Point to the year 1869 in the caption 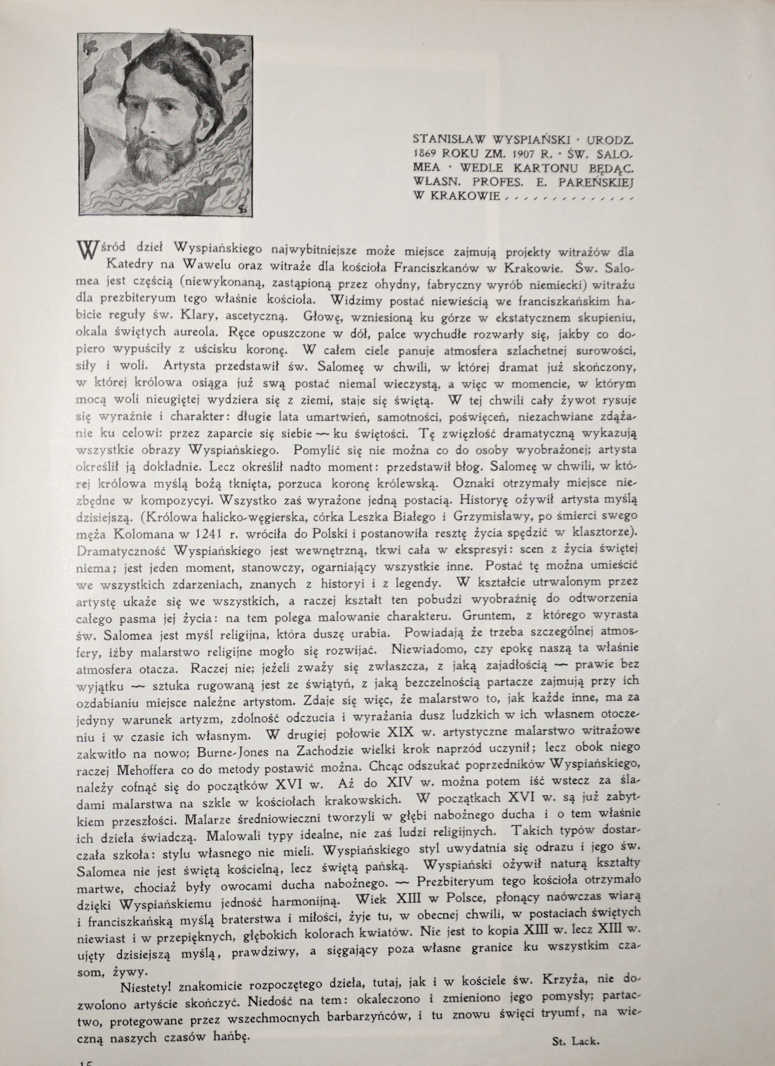426,153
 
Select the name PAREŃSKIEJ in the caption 599,182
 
